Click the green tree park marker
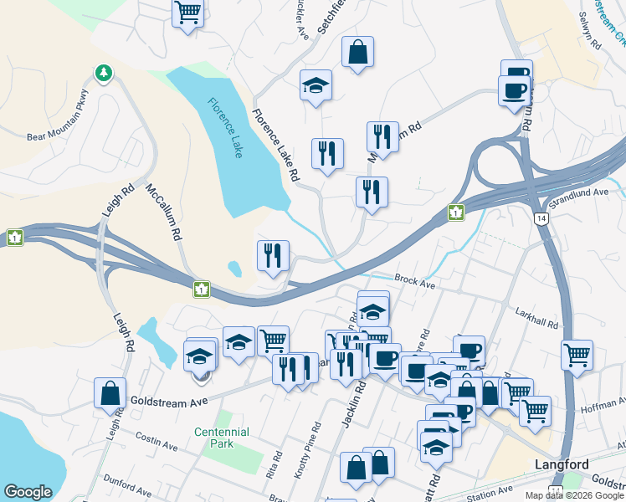(x=104, y=74)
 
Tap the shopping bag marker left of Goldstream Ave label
(x=110, y=392)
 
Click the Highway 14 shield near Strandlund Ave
(x=542, y=218)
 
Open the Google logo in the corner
(x=28, y=492)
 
